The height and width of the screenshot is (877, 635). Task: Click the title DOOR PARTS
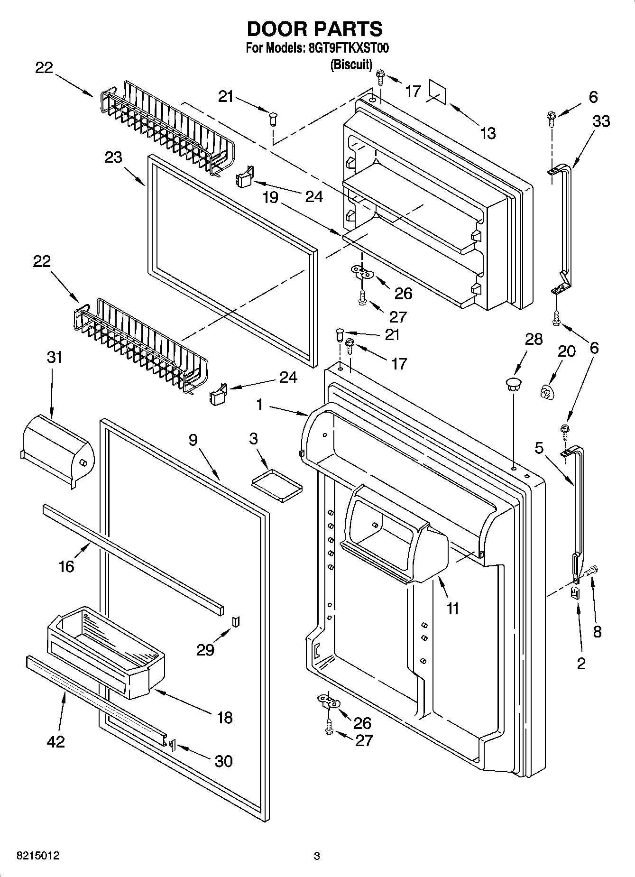[315, 29]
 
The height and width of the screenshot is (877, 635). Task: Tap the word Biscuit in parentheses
[351, 64]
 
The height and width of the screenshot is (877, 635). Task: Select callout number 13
[488, 133]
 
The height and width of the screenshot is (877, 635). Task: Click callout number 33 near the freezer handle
[601, 121]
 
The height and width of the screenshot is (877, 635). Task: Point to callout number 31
[55, 357]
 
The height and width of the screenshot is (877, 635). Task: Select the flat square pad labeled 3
[276, 484]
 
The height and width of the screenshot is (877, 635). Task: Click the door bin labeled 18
[107, 652]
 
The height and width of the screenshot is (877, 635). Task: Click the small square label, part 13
[437, 91]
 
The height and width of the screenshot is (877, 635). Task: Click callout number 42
[55, 741]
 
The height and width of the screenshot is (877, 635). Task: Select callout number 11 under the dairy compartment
[453, 608]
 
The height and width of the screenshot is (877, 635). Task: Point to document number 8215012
[38, 856]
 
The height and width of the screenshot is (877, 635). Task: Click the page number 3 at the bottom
[317, 856]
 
